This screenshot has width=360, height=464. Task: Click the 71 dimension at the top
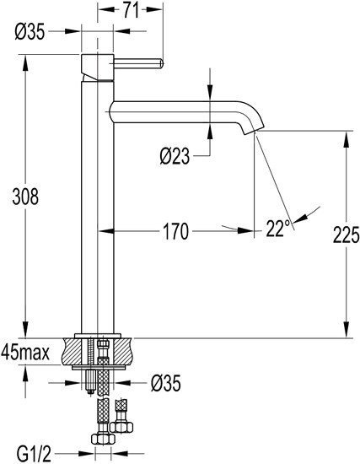(129, 10)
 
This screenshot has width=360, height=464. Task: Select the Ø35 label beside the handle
(30, 32)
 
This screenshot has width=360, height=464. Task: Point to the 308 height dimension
(25, 197)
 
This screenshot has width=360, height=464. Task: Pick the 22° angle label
(277, 228)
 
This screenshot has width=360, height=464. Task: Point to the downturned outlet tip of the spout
(250, 127)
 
